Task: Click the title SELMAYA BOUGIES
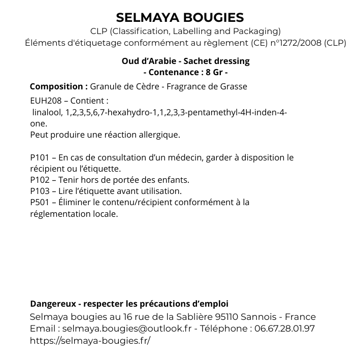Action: pyautogui.click(x=180, y=18)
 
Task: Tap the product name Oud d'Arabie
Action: pyautogui.click(x=144, y=61)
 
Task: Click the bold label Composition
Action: pyautogui.click(x=59, y=86)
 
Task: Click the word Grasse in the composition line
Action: pyautogui.click(x=234, y=86)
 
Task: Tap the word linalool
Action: pyautogui.click(x=47, y=112)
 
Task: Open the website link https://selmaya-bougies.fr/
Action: pyautogui.click(x=90, y=340)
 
